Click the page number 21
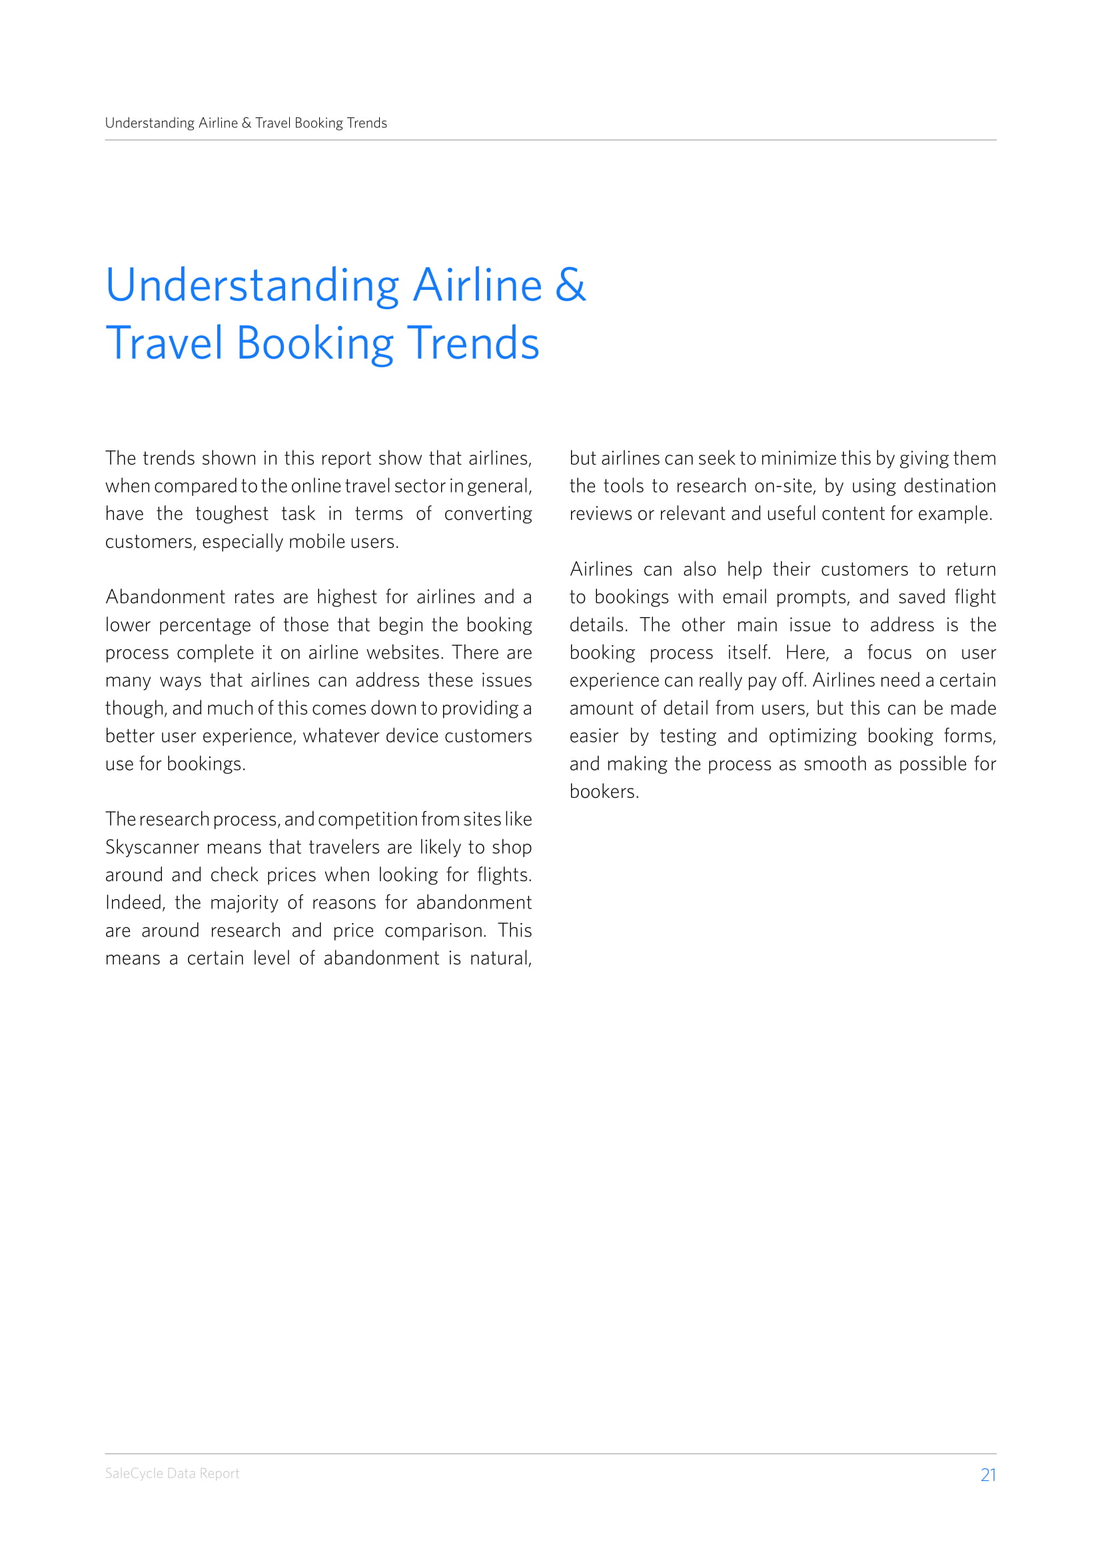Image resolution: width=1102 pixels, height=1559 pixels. point(988,1475)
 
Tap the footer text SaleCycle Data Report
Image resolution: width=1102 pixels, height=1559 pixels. point(172,1474)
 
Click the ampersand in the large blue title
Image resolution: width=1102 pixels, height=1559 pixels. point(570,285)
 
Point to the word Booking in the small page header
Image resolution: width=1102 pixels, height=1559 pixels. point(318,123)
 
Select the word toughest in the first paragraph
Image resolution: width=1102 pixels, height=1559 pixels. point(231,514)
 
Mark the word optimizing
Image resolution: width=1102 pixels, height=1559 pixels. point(812,736)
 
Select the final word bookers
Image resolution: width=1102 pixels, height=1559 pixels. point(603,792)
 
